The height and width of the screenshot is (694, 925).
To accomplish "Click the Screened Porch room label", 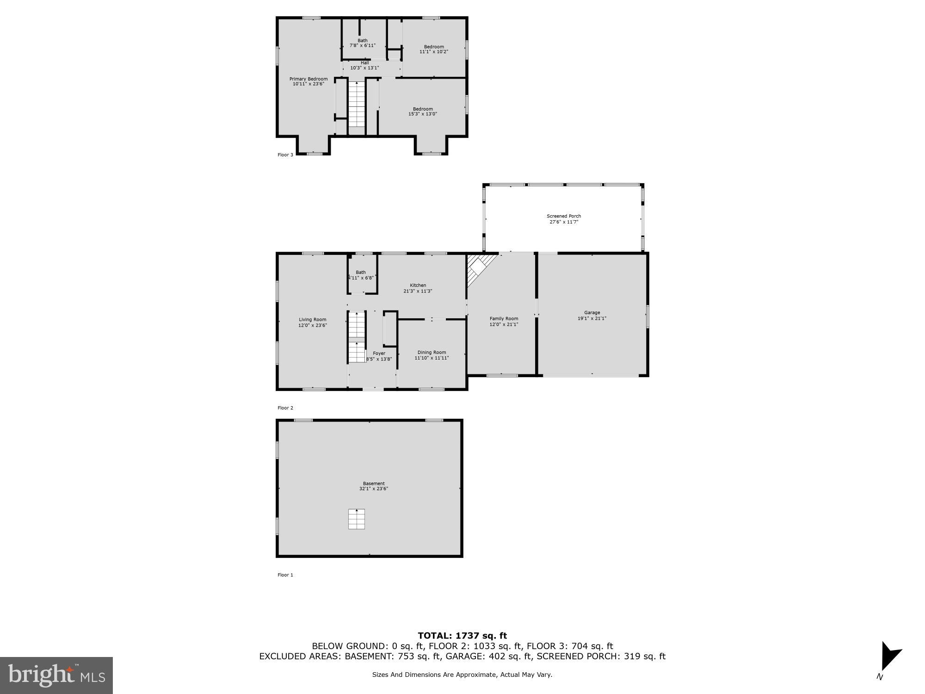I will pyautogui.click(x=563, y=216).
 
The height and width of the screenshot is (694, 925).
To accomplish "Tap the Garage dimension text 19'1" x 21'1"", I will pyautogui.click(x=592, y=318).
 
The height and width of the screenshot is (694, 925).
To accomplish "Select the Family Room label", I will pyautogui.click(x=504, y=318).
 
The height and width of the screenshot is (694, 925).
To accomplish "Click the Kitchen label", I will pyautogui.click(x=418, y=285).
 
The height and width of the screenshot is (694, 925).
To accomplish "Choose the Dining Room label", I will pyautogui.click(x=432, y=353).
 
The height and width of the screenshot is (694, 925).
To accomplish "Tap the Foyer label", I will pyautogui.click(x=379, y=353).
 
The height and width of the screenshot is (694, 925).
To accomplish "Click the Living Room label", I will pyautogui.click(x=312, y=320).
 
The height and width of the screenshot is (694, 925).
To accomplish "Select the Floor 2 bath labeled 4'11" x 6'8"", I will pyautogui.click(x=361, y=275).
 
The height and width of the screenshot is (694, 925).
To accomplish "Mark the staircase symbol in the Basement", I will pyautogui.click(x=357, y=519).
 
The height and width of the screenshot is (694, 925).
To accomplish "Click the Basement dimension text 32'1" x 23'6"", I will pyautogui.click(x=374, y=489).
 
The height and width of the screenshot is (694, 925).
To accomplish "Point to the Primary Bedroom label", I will pyautogui.click(x=308, y=79).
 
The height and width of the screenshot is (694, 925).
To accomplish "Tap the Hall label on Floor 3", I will pyautogui.click(x=365, y=63).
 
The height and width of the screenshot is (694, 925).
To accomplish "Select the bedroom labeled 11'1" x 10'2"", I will pyautogui.click(x=434, y=49).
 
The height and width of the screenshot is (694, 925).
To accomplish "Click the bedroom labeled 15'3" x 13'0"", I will pyautogui.click(x=422, y=112).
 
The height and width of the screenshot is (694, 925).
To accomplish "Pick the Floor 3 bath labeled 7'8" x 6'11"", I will pyautogui.click(x=363, y=43).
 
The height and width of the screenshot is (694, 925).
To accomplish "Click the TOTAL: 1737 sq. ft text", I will pyautogui.click(x=462, y=636).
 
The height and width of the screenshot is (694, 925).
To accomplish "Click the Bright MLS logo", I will pyautogui.click(x=56, y=675).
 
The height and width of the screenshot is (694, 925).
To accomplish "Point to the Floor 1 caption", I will pyautogui.click(x=285, y=575).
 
